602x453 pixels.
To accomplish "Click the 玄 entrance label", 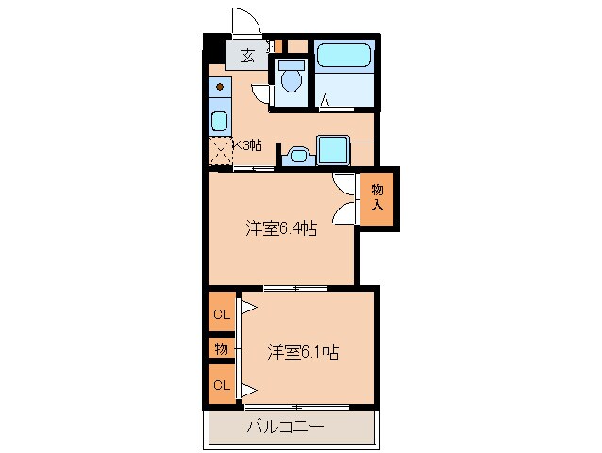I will pos(246,55).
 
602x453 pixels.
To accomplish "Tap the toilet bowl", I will pos(292,78).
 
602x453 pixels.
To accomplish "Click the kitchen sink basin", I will pos(219,121).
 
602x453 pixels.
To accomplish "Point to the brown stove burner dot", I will pos(219,88).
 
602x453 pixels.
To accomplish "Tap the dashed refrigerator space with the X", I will pos(220,151).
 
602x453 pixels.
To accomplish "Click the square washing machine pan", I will pos(333,150).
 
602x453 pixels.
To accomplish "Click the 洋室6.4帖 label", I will pos(280,227).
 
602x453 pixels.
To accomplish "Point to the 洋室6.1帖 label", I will pos(303,352).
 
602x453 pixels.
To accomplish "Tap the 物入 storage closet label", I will pos(376,197).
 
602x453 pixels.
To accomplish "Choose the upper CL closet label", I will pos(222,314).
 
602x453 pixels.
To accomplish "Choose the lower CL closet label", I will pos(222,384).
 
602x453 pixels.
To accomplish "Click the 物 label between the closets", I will pos(222,349).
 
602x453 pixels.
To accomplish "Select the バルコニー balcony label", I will pos(286,427).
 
